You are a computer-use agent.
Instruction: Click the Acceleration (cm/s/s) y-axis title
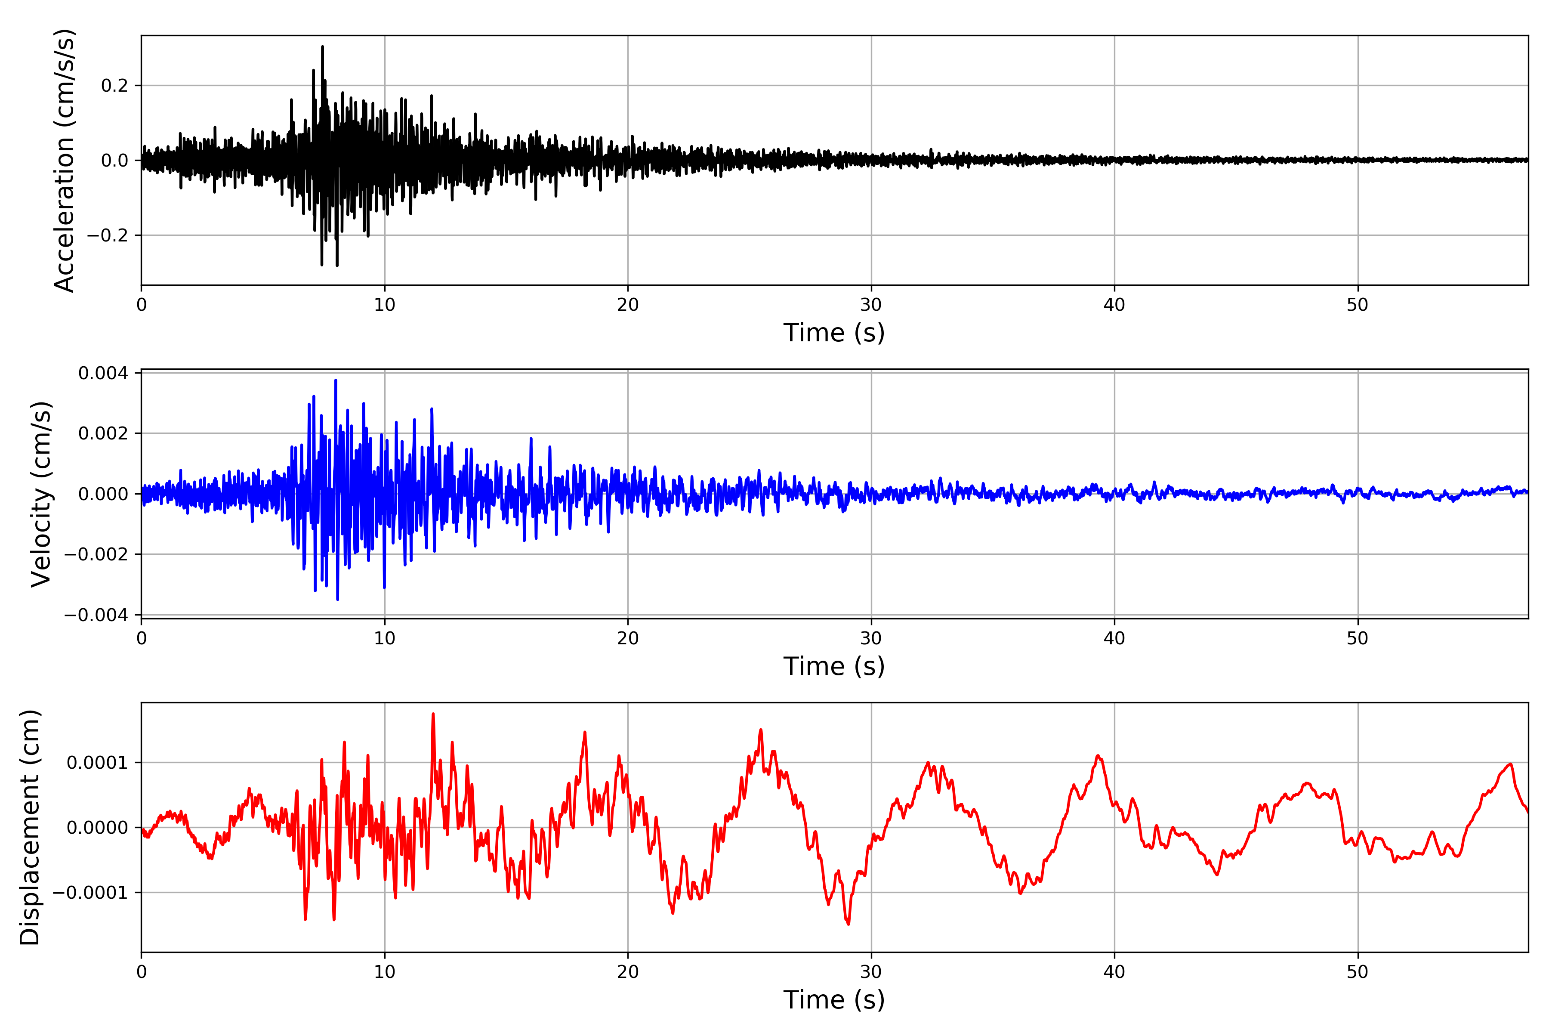tap(65, 160)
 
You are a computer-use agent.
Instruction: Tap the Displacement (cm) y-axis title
tap(30, 827)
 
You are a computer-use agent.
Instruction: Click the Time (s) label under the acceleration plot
tap(834, 333)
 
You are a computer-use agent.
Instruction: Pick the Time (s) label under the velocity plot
tap(834, 666)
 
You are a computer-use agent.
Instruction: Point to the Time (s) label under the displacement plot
tap(834, 999)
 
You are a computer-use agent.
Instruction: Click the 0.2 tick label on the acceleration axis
tap(114, 86)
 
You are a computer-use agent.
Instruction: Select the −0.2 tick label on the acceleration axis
tap(107, 235)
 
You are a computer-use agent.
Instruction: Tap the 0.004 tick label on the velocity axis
tap(103, 374)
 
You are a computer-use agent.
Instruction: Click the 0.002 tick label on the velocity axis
tap(103, 433)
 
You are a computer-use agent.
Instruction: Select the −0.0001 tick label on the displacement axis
tap(90, 893)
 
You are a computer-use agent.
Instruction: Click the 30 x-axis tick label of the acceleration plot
tap(870, 305)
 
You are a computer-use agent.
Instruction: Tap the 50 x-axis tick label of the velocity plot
tap(1358, 638)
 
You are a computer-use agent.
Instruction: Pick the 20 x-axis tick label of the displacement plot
tap(628, 972)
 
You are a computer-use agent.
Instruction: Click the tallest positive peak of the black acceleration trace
tap(322, 47)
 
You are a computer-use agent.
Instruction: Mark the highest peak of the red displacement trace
tap(433, 714)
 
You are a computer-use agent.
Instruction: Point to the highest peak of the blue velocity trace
tap(336, 380)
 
